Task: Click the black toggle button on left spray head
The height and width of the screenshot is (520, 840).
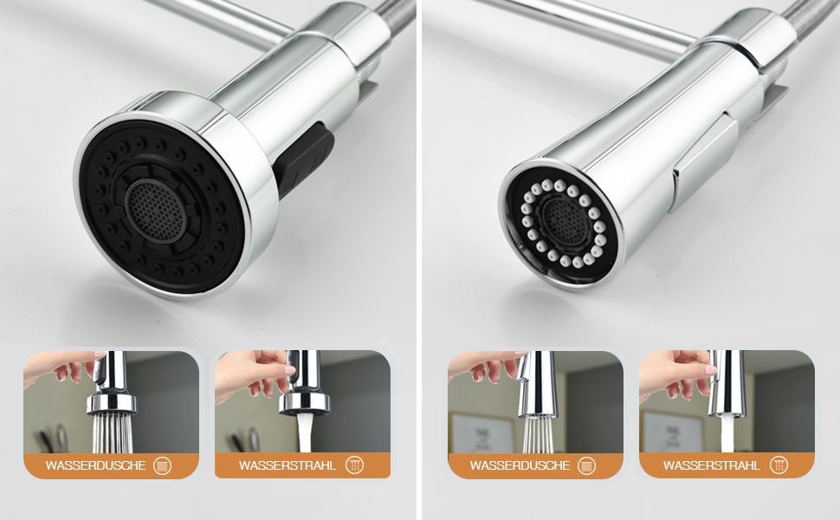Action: (x=304, y=159)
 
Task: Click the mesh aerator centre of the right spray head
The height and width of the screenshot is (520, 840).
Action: (x=563, y=220)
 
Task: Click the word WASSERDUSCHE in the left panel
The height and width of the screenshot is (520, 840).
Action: (x=95, y=465)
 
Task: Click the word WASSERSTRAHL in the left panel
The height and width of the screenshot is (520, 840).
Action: (x=288, y=465)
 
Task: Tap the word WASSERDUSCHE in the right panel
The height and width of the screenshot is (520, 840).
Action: (x=520, y=465)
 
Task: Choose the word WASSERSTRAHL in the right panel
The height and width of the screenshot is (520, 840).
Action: (x=712, y=465)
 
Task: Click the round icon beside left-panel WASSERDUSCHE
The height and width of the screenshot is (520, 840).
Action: (x=162, y=465)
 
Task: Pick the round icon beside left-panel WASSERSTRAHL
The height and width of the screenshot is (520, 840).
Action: (x=354, y=465)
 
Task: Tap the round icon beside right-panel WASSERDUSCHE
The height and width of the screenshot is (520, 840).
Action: (x=586, y=465)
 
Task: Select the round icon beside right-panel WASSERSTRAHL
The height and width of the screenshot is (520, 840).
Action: (x=779, y=465)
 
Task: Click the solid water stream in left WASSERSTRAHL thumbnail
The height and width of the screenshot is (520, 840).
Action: (x=305, y=433)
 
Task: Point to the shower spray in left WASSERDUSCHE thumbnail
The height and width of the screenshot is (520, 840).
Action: (x=112, y=433)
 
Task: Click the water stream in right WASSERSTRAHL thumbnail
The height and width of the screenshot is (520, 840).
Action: (x=727, y=434)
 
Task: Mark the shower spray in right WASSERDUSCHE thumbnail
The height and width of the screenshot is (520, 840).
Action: (x=537, y=435)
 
